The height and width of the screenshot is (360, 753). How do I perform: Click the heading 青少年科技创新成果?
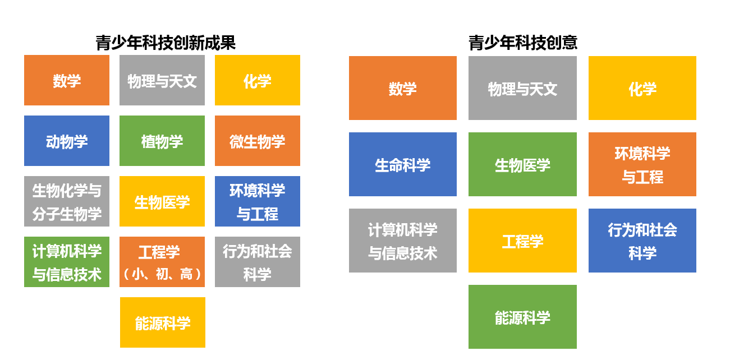(166, 43)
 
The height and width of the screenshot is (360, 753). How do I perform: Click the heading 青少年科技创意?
(523, 43)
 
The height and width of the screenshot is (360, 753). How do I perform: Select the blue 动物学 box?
(67, 141)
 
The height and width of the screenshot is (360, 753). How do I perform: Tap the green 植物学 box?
(162, 141)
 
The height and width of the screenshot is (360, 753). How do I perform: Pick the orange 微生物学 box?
(258, 141)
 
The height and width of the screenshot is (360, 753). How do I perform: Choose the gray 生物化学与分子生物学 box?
(67, 201)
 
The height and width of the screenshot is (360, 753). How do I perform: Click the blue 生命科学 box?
(403, 164)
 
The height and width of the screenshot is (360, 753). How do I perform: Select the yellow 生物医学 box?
(162, 201)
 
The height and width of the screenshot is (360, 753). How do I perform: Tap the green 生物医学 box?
(522, 164)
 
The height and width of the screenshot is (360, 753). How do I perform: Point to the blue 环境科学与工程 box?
(258, 201)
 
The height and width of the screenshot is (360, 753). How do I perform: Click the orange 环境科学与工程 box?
(642, 164)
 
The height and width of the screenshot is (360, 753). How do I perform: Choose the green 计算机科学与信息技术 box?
(67, 262)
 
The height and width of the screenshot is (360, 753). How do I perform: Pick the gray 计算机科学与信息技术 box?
(403, 241)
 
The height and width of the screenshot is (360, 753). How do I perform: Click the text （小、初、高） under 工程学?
(162, 274)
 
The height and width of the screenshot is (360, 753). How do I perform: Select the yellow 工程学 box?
(522, 241)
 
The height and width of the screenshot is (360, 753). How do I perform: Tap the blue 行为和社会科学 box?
(642, 241)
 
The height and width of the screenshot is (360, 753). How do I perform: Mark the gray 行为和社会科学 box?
(258, 262)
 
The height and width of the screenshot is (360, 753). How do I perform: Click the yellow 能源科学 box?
(163, 322)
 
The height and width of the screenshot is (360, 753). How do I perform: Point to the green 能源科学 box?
(522, 317)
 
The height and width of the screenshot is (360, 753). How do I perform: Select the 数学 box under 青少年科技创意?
(403, 88)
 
